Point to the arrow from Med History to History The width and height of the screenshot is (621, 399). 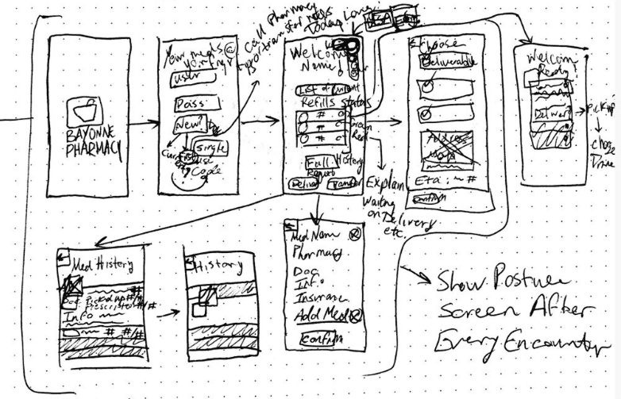tap(168, 314)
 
